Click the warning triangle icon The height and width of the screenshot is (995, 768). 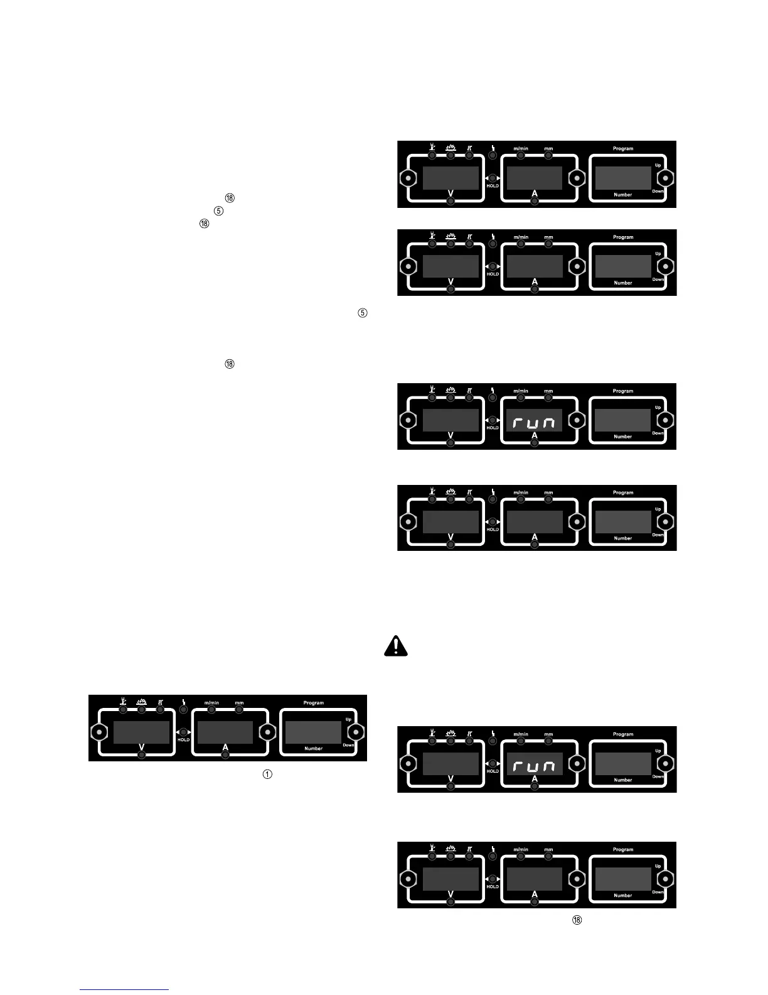tap(396, 647)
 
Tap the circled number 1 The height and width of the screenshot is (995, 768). tap(267, 775)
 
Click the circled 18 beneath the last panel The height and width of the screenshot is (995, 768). tap(577, 920)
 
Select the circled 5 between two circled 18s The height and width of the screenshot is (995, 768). tap(218, 210)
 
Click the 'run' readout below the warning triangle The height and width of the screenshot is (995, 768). tap(534, 766)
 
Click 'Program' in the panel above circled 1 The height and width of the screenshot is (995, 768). tap(314, 703)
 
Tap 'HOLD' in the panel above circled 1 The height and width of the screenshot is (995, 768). tap(183, 740)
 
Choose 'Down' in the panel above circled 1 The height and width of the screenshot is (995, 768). tap(348, 745)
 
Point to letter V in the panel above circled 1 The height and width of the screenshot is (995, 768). tap(141, 746)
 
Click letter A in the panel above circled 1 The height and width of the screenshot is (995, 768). tap(225, 746)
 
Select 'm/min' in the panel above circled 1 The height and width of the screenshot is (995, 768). tap(211, 702)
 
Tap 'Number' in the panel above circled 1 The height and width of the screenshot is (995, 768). tap(314, 749)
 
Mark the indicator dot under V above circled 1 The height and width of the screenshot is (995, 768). tap(141, 754)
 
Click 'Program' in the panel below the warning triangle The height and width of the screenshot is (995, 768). tap(623, 734)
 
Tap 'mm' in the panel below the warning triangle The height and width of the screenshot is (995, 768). tap(548, 734)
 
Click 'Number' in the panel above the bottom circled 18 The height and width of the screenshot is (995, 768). tap(623, 896)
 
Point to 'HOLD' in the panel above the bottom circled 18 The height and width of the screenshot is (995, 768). tap(493, 887)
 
